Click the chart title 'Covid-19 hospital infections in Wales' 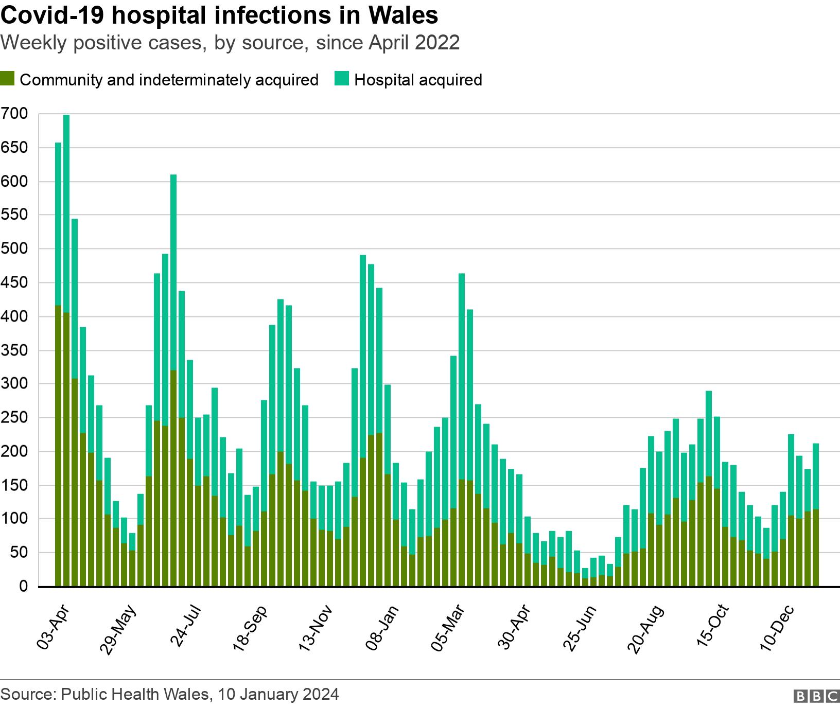pyautogui.click(x=219, y=15)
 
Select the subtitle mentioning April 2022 pyautogui.click(x=230, y=43)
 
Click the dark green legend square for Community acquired pyautogui.click(x=7, y=79)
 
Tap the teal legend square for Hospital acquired pyautogui.click(x=342, y=79)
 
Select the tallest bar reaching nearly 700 pyautogui.click(x=66, y=350)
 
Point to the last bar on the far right pyautogui.click(x=816, y=515)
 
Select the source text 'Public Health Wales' pyautogui.click(x=135, y=694)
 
